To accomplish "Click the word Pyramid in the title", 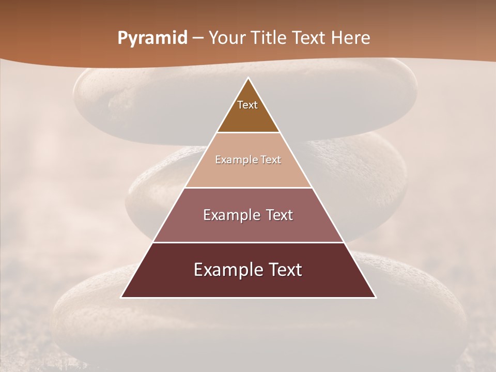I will pyautogui.click(x=152, y=38).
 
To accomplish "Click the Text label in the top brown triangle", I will pyautogui.click(x=247, y=105).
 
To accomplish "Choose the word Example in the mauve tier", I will pyautogui.click(x=230, y=215).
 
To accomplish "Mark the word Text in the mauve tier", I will pyautogui.click(x=279, y=215).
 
